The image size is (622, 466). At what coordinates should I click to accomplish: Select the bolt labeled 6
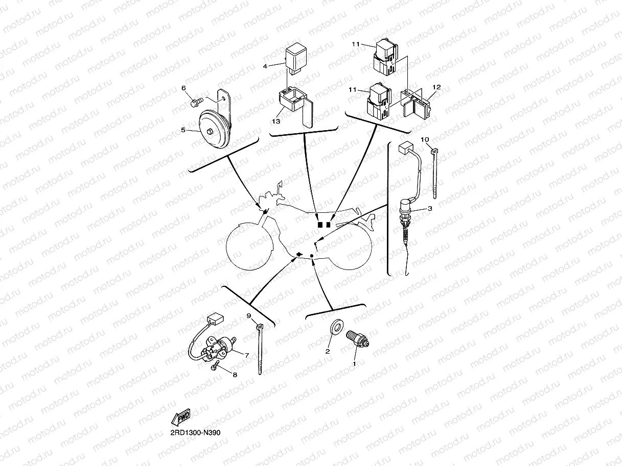point(194,103)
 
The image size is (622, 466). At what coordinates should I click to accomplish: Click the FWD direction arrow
point(181,418)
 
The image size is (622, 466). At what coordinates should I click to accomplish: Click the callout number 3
point(430,209)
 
